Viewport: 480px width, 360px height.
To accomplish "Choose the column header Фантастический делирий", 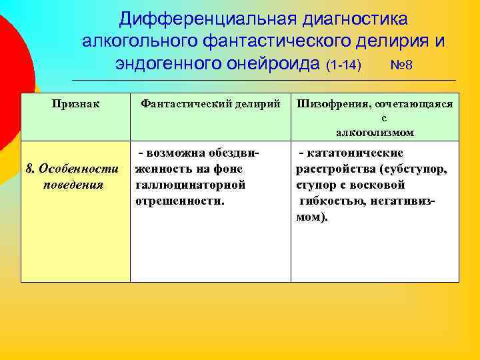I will tap(211, 104).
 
